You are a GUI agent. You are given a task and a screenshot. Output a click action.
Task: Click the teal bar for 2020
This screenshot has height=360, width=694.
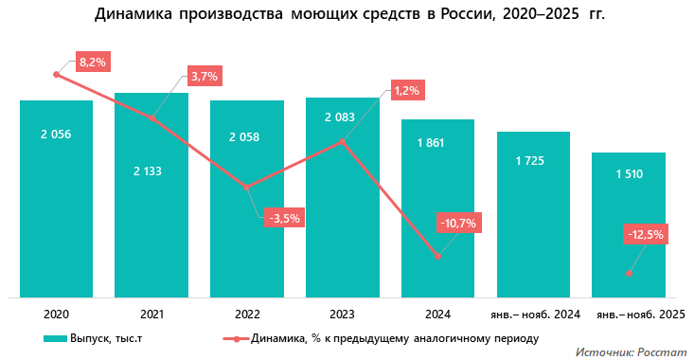click(56, 199)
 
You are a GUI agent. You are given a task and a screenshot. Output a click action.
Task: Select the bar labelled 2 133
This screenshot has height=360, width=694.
click(151, 199)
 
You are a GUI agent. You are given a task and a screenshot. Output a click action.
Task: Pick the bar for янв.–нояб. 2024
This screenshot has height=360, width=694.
click(533, 213)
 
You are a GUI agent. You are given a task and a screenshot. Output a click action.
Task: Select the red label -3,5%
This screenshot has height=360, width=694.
click(284, 218)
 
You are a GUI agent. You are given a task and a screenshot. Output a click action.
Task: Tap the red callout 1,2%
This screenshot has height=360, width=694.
click(406, 90)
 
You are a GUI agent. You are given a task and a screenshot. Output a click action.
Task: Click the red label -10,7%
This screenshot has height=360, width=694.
click(457, 224)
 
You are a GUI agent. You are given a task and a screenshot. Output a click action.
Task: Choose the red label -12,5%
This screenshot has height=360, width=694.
click(647, 233)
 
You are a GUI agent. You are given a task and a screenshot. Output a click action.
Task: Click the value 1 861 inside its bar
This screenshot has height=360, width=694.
click(437, 143)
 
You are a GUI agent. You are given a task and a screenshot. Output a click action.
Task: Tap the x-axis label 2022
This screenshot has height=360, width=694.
click(246, 314)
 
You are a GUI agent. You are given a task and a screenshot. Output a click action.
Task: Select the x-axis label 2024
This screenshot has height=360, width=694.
click(437, 314)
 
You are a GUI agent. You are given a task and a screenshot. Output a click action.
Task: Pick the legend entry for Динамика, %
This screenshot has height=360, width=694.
click(379, 338)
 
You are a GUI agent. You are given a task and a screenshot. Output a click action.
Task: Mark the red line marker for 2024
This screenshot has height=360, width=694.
click(437, 256)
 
